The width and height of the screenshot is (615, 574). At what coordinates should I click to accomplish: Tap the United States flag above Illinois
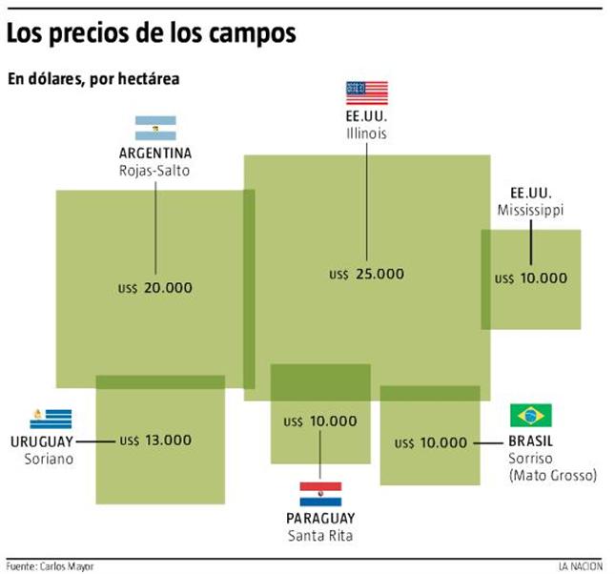pyautogui.click(x=367, y=92)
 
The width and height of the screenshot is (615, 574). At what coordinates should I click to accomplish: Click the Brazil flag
pyautogui.click(x=530, y=416)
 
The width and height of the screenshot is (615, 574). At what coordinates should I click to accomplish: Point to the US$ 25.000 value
pyautogui.click(x=367, y=275)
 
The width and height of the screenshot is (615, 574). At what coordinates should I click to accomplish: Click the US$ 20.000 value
pyautogui.click(x=155, y=288)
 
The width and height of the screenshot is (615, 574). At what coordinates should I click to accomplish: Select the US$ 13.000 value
pyautogui.click(x=155, y=441)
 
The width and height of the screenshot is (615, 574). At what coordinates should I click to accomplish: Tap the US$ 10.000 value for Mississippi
pyautogui.click(x=531, y=278)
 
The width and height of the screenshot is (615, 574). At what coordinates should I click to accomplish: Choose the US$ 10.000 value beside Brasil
pyautogui.click(x=431, y=442)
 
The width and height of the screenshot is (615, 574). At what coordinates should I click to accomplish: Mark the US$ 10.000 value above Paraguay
pyautogui.click(x=320, y=420)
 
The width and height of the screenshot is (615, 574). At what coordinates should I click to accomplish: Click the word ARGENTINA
pyautogui.click(x=155, y=154)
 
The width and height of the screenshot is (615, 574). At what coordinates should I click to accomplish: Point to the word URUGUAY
pyautogui.click(x=41, y=441)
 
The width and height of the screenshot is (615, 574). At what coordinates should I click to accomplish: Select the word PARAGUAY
pyautogui.click(x=320, y=519)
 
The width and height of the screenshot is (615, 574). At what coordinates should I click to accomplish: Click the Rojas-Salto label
pyautogui.click(x=155, y=171)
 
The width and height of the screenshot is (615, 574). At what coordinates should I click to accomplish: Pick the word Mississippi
pyautogui.click(x=531, y=209)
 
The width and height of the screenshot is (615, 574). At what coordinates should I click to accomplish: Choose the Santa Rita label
pyautogui.click(x=320, y=536)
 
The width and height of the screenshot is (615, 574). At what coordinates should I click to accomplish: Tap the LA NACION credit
pyautogui.click(x=581, y=565)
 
